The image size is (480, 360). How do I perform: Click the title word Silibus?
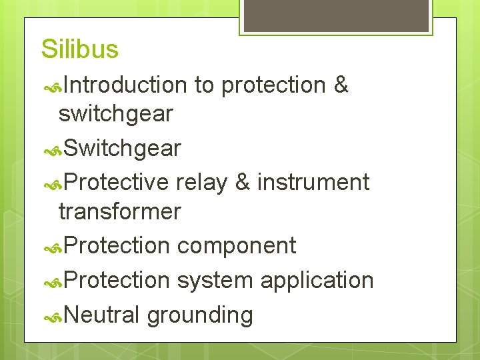click(79, 49)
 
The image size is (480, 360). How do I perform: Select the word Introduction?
click(126, 85)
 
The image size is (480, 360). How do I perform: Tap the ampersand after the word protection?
click(340, 85)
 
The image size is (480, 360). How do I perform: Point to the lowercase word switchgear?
click(115, 114)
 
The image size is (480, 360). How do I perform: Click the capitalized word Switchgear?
click(123, 149)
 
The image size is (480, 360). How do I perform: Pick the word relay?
click(201, 182)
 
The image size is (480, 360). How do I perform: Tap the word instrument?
click(313, 182)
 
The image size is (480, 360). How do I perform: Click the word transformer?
click(119, 212)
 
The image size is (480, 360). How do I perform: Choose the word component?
click(236, 245)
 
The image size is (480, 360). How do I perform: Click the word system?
click(215, 280)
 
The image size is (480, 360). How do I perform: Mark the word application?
click(317, 280)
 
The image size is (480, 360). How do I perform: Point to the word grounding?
click(199, 315)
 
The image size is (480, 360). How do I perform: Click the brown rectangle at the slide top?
click(335, 15)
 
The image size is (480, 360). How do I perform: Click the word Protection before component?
click(118, 245)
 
